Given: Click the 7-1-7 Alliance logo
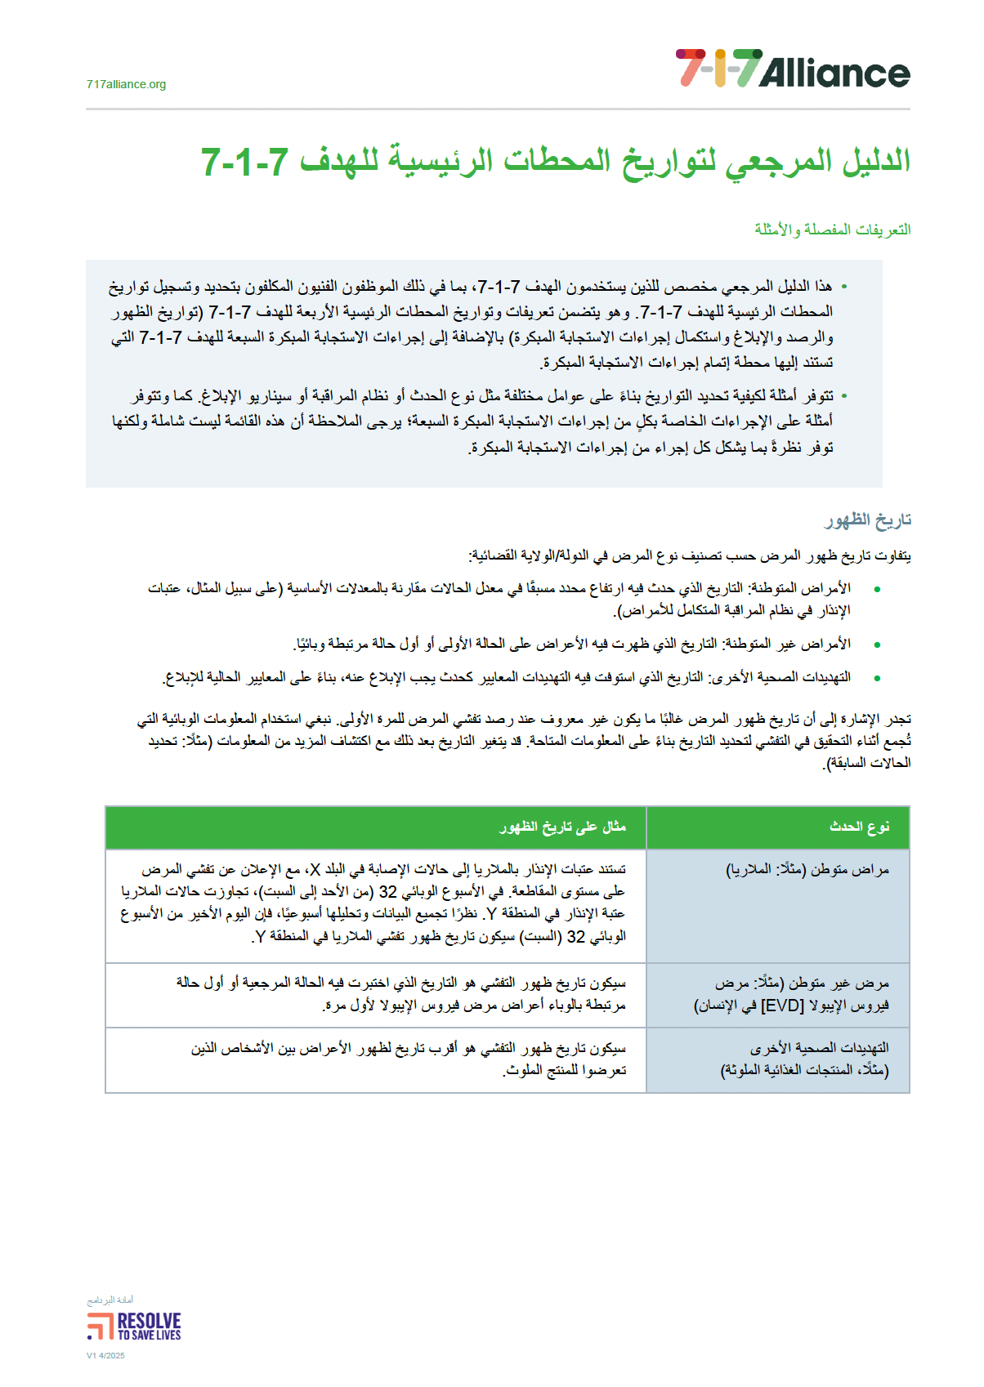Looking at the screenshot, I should tap(792, 69).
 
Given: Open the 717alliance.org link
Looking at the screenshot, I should tap(126, 84).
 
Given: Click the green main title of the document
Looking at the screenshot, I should tap(556, 161).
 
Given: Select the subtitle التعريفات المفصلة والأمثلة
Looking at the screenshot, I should tap(832, 230).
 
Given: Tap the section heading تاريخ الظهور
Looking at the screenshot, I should tap(867, 520).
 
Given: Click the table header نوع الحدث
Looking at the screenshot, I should tap(859, 827).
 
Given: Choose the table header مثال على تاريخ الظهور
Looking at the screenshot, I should tap(562, 827).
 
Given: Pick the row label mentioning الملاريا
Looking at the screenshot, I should tap(807, 870).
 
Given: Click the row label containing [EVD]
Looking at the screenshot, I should tap(791, 994).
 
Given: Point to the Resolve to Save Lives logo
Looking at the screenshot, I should tap(134, 1326).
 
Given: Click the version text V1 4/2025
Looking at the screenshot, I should tap(105, 1356).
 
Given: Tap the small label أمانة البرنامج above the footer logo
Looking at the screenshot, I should tap(110, 1300).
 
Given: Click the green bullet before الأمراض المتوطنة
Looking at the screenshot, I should tap(877, 589).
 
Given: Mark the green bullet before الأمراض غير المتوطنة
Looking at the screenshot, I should tap(877, 644).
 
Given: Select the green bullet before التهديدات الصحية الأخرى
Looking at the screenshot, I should tap(877, 678).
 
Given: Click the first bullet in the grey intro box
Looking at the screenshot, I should tap(844, 287).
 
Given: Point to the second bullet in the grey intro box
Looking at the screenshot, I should tap(844, 396).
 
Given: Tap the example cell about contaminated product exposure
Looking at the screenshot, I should tap(409, 1059).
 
